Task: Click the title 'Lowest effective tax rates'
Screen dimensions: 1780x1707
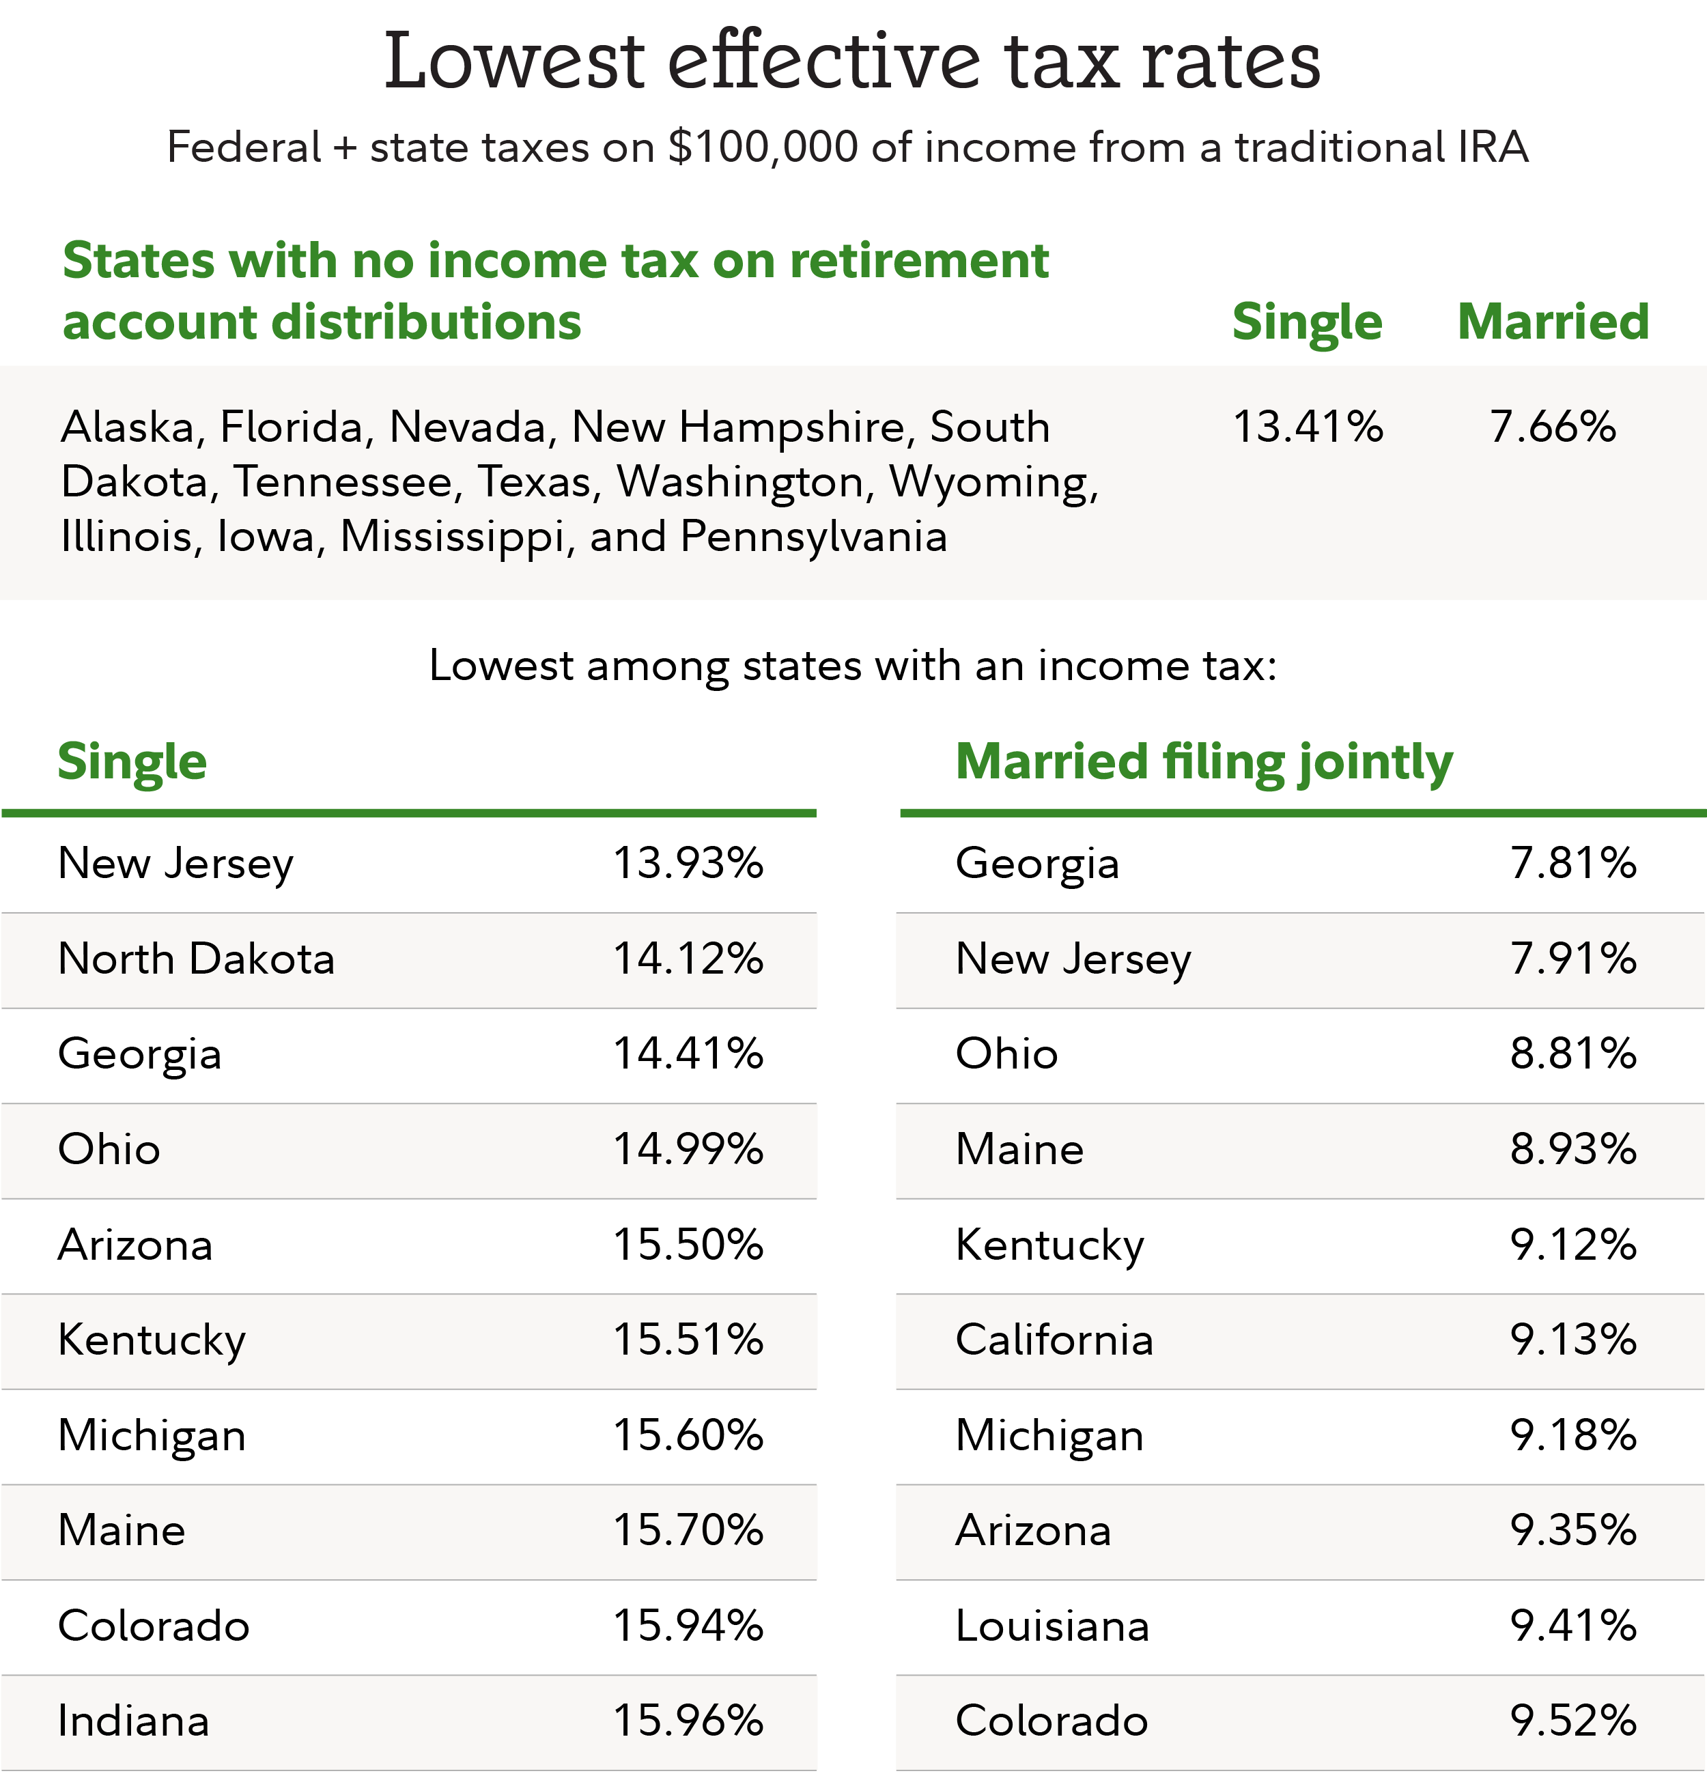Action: pyautogui.click(x=851, y=61)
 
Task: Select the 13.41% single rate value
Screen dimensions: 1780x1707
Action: pyautogui.click(x=1308, y=427)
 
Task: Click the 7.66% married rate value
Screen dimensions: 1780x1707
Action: pyautogui.click(x=1553, y=427)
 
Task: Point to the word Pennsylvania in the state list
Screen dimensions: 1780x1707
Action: pyautogui.click(x=813, y=537)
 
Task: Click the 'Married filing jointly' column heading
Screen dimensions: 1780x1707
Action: pyautogui.click(x=1204, y=761)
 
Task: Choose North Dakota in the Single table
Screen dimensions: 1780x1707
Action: pyautogui.click(x=196, y=959)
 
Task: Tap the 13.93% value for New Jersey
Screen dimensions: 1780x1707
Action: pyautogui.click(x=688, y=864)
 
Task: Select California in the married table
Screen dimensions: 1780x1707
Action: pyautogui.click(x=1054, y=1340)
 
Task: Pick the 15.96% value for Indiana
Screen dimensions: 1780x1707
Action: pyautogui.click(x=688, y=1722)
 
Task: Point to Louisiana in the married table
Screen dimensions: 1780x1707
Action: pyautogui.click(x=1052, y=1626)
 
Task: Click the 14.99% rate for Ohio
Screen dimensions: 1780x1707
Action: pyautogui.click(x=688, y=1150)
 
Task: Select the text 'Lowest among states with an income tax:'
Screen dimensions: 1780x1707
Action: pyautogui.click(x=853, y=666)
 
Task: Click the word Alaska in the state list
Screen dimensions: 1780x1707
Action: pyautogui.click(x=127, y=427)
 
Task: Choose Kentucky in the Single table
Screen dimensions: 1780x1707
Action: pyautogui.click(x=152, y=1340)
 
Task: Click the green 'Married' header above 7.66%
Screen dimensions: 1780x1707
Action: pyautogui.click(x=1553, y=322)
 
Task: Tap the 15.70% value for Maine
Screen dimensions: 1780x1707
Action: pyautogui.click(x=688, y=1531)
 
